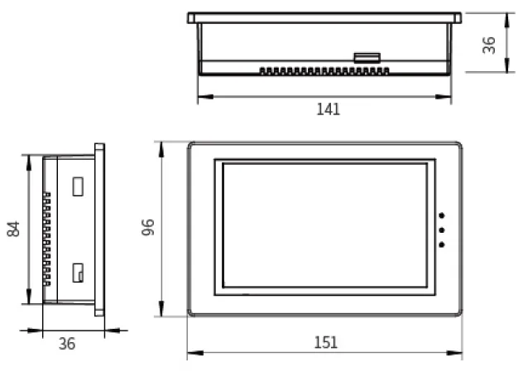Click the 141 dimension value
[x=329, y=109]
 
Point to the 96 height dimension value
[x=148, y=228]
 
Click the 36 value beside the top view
[x=490, y=44]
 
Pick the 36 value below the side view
[x=67, y=343]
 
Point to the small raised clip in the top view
[x=367, y=58]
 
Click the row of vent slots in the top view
[x=324, y=71]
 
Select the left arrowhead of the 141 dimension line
[x=201, y=97]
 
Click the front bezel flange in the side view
[x=100, y=229]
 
